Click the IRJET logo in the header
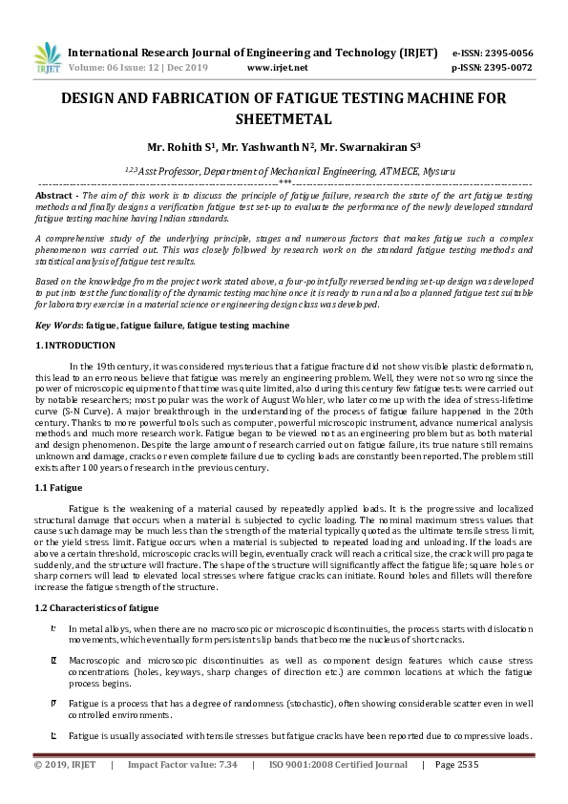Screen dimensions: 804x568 point(47,58)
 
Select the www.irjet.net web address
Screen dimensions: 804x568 point(277,69)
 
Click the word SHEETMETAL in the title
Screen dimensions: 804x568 point(284,119)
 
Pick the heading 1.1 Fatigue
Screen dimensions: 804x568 point(58,488)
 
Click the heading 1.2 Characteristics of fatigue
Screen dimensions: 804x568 point(96,607)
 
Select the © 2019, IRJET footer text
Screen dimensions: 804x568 point(66,765)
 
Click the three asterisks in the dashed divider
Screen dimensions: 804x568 point(284,180)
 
